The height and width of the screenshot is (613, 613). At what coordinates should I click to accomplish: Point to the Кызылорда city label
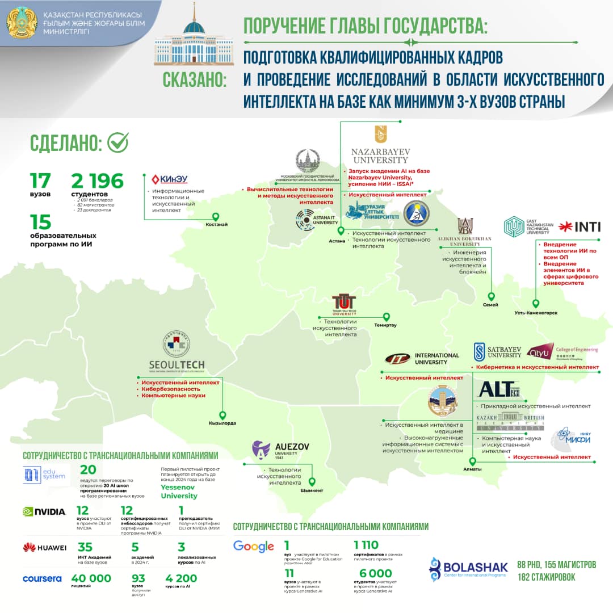222,423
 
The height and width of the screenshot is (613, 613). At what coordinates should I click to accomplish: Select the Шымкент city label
312,490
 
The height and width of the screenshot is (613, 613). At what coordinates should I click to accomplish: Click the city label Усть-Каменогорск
536,313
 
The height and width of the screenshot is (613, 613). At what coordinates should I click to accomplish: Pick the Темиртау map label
385,325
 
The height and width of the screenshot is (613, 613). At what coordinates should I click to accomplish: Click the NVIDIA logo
44,511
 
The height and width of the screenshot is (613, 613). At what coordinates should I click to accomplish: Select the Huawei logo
44,547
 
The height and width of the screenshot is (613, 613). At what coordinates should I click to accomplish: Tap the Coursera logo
42,578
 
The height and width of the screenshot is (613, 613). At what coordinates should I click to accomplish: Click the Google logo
254,547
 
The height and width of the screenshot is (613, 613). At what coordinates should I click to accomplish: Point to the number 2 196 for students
97,181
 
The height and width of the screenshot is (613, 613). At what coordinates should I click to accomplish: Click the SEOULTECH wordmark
175,364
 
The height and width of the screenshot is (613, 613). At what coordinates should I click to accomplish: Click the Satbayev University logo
497,351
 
